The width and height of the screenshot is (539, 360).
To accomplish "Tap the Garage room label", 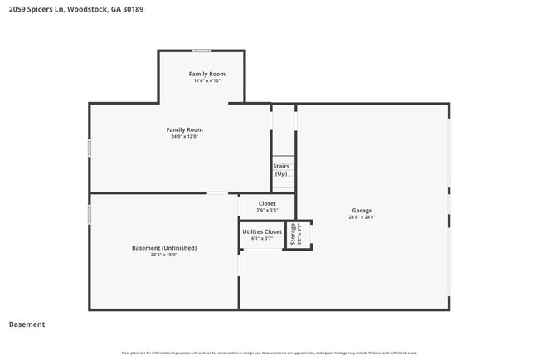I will click(x=361, y=211).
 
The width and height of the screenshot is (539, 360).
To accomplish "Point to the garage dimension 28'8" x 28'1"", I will click(x=362, y=218).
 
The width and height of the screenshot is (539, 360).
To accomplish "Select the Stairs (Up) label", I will click(x=281, y=170).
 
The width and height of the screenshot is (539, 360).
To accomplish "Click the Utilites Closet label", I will click(x=262, y=231).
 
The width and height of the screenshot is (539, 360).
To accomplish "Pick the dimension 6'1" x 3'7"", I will click(x=262, y=239).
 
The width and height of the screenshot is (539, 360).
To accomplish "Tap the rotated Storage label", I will click(x=293, y=235).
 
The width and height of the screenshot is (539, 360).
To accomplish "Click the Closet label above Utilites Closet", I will click(x=267, y=203).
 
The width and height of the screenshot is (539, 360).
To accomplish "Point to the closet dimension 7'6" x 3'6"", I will click(x=267, y=211).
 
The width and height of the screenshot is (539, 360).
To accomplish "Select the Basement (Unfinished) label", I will click(x=164, y=248).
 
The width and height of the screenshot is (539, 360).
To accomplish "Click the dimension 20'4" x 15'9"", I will click(x=164, y=255).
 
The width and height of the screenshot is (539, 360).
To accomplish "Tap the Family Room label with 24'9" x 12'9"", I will click(x=184, y=129).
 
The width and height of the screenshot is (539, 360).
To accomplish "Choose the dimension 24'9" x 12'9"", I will click(x=184, y=137).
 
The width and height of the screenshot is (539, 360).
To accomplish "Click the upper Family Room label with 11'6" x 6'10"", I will click(x=206, y=74).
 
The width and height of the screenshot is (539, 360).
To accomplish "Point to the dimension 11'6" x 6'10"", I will click(x=206, y=81).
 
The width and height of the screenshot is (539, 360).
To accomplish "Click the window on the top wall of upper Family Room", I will click(x=202, y=51).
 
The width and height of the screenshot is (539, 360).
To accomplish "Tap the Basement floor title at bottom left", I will click(x=27, y=324).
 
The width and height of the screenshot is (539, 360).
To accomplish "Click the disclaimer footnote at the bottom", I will click(x=269, y=353).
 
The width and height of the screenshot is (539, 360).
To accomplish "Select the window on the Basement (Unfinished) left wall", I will click(x=90, y=214).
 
